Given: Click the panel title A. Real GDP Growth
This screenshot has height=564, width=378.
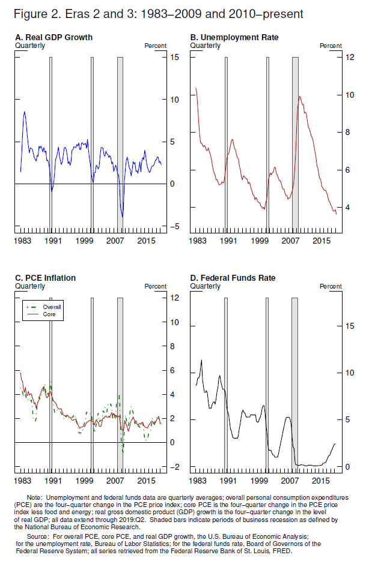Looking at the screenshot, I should coord(53,37).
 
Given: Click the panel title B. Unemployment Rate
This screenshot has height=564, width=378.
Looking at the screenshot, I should coord(234,37).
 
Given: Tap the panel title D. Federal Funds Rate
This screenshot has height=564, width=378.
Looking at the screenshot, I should coord(233,278).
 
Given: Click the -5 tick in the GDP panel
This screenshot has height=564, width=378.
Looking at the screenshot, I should coord(172,226).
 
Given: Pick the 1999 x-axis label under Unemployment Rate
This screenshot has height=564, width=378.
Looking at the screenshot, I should coord(259,241).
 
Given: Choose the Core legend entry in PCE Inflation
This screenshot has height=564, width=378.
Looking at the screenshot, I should coord(49,314).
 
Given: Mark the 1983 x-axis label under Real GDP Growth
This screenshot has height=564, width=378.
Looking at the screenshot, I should coord(22,241).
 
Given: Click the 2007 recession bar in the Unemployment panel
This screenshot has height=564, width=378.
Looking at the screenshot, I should coord(295,144).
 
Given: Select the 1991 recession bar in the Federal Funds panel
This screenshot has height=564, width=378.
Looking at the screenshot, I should coord(225,384).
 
